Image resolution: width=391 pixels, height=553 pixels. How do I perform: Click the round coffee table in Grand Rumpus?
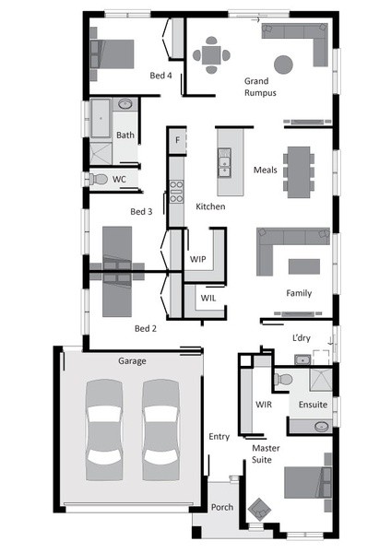tap(283, 65)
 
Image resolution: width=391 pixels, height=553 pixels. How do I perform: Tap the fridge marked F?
tap(177, 140)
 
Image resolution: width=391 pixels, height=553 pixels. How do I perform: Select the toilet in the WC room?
tap(98, 179)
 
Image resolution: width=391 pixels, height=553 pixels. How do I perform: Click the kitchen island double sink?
tap(224, 162)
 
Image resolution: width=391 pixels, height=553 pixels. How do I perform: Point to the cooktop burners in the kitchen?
tap(176, 192)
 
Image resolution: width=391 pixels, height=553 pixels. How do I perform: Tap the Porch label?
tap(222, 507)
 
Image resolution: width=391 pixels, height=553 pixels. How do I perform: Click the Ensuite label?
tap(313, 405)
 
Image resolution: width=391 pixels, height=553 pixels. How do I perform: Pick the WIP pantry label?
tap(197, 259)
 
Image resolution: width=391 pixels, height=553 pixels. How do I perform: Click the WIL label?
tap(208, 298)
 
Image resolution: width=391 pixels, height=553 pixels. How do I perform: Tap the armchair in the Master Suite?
tap(259, 510)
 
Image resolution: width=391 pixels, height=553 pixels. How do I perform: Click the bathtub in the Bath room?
tap(101, 119)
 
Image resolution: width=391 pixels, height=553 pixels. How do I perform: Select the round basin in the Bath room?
tap(125, 104)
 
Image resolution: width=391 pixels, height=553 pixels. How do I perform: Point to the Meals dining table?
tap(299, 172)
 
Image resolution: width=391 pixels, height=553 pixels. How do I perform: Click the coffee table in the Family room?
tap(304, 266)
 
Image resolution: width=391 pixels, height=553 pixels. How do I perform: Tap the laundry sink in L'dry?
tap(302, 359)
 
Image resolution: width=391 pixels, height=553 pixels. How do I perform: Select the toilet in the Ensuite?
tap(283, 380)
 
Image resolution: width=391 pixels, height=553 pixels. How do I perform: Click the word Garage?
tap(132, 361)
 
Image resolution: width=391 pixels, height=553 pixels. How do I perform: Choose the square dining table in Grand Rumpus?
tap(211, 55)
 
